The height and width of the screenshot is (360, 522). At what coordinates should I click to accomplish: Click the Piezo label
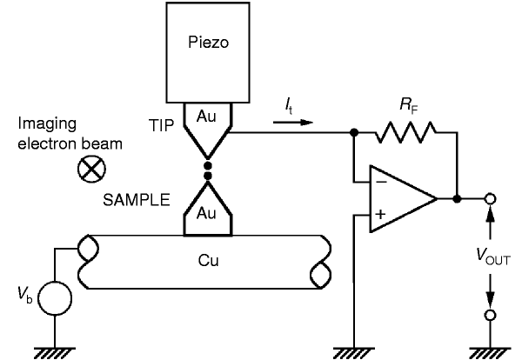pos(209,43)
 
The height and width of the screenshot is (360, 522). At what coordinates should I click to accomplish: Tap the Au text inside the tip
pos(206,117)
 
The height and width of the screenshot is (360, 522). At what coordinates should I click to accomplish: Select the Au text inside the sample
pos(206,213)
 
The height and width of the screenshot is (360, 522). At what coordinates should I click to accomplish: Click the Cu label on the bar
pos(209,261)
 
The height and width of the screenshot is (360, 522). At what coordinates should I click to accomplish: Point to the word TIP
pos(162,126)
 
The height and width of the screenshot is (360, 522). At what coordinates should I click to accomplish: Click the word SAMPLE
pos(137,200)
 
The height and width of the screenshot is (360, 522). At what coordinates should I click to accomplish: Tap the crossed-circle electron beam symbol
pos(91,169)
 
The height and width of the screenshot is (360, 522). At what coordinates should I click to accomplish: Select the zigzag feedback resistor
pos(405,132)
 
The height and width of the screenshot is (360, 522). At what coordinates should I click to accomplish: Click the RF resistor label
pos(409,106)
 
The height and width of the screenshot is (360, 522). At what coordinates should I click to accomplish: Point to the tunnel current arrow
pos(293,123)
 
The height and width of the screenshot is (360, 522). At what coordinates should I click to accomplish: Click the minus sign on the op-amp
pos(381,182)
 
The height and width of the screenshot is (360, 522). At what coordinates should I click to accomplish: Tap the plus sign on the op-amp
pos(380,214)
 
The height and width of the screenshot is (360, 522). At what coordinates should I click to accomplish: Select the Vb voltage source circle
pos(55,298)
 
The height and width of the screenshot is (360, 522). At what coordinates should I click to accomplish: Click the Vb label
pos(25,296)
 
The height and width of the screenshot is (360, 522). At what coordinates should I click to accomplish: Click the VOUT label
pos(493,257)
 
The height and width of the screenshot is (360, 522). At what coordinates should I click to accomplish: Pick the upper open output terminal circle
pos(490,199)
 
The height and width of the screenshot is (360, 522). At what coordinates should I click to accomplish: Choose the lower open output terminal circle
pos(490,315)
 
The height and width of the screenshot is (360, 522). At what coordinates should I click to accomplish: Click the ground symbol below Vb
pos(55,353)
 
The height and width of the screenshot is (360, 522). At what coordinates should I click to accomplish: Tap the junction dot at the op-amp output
pos(457,199)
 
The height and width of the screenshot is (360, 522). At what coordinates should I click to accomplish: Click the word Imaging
pos(47,124)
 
